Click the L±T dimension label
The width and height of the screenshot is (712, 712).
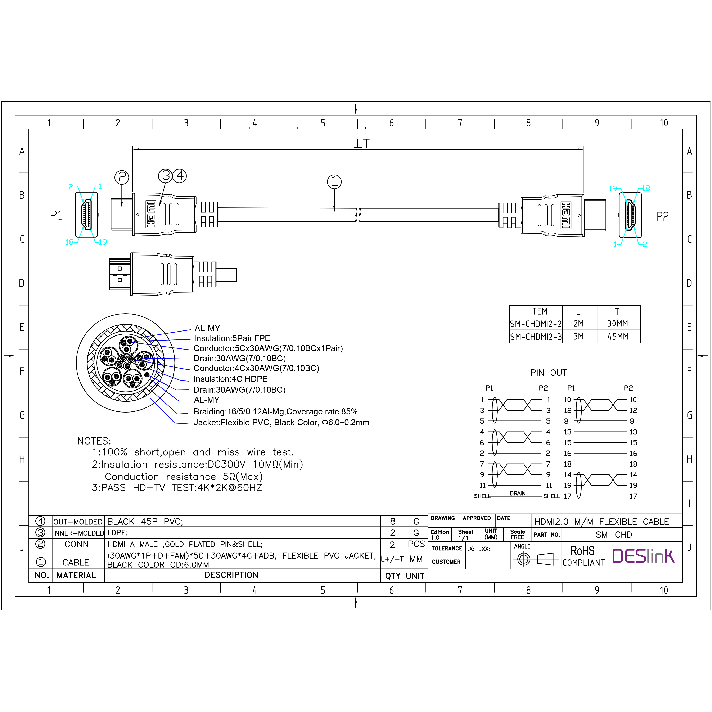pos(357,144)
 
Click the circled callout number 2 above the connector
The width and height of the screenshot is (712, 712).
pos(122,177)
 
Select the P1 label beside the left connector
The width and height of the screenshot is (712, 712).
pos(56,216)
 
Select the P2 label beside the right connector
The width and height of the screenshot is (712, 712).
pos(662,217)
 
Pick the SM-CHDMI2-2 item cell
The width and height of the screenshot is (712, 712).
pos(536,324)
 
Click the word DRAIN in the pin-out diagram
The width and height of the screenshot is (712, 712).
pos(517,494)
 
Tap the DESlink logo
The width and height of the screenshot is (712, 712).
pos(643,556)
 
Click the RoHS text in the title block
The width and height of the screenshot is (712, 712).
pos(582,551)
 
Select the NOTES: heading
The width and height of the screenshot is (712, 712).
pos(94,441)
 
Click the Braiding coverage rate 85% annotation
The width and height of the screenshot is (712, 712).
pos(275,412)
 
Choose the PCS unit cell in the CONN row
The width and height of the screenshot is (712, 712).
pos(416,544)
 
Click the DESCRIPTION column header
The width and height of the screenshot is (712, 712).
pos(231,575)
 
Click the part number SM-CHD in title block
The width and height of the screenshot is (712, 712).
pos(614,535)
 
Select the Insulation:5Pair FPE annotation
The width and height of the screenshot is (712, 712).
pos(232,338)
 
